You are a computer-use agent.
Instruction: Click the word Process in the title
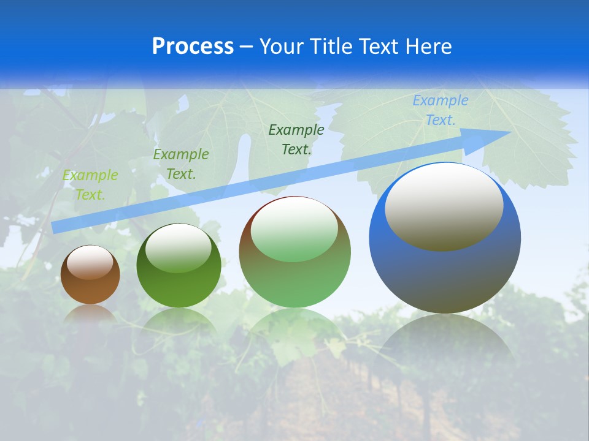click(193, 46)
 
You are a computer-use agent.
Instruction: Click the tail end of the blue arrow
click(53, 227)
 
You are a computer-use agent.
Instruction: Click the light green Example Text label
click(90, 185)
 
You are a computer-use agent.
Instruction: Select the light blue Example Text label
click(441, 110)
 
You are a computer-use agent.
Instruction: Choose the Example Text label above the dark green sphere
click(181, 164)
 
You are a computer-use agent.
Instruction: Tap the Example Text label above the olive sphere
click(296, 139)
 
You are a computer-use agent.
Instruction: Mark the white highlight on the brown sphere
click(90, 262)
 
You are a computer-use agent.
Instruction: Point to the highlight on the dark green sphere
click(178, 248)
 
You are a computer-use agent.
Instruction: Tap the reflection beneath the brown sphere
click(90, 313)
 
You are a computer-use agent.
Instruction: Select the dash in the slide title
click(247, 47)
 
